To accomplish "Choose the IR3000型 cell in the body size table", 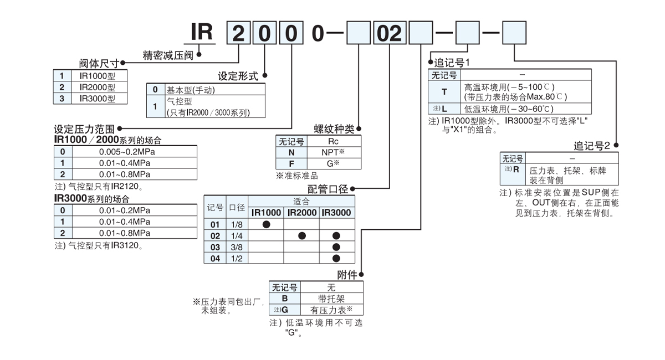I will coord(97,99).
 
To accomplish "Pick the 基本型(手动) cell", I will coord(191,90).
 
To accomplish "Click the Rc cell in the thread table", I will coord(332,141).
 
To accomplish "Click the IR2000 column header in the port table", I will coord(301,213).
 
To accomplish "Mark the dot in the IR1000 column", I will coord(266,224).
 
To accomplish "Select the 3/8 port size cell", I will coord(237,247).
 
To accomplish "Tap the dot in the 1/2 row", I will coord(336,258).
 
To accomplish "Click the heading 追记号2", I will coord(591,146).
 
